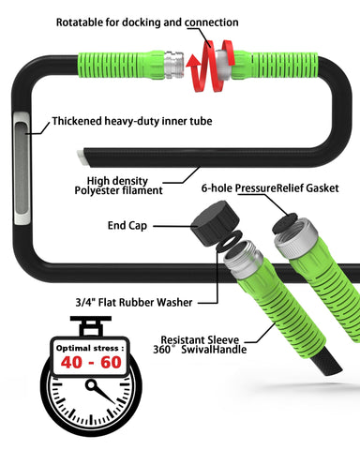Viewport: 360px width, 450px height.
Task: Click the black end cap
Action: coord(215,222)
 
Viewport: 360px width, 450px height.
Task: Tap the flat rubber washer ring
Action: coord(230,240)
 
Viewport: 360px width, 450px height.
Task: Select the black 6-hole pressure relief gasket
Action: coord(285,223)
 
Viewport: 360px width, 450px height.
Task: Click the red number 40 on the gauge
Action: coord(72,363)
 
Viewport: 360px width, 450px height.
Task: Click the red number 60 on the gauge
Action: coord(111,363)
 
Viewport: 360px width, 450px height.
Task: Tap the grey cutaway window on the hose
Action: coord(22,168)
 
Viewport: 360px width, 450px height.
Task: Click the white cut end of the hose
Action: coord(82,157)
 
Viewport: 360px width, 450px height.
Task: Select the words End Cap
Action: coord(127,226)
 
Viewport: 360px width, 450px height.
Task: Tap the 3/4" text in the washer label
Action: coord(85,302)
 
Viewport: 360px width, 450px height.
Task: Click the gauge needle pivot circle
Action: coord(91,385)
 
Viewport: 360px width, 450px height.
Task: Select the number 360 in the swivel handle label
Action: coord(161,350)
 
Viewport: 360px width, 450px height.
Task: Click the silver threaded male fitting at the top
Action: coord(173,65)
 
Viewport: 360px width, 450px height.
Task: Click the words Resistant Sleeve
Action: coord(200,339)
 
